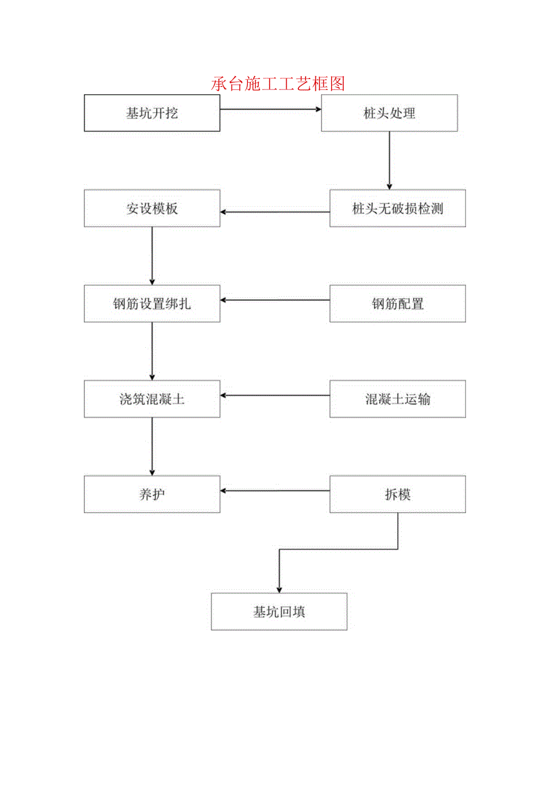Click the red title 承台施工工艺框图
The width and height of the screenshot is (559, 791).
click(x=278, y=83)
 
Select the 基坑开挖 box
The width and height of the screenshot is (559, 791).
click(x=152, y=113)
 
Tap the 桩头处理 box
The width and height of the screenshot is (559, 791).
click(x=389, y=113)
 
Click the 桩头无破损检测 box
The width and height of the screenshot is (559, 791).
click(x=397, y=209)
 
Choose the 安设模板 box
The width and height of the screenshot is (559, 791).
click(x=152, y=209)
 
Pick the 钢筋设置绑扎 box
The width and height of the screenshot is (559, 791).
click(x=152, y=303)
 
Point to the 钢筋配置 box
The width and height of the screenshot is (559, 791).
click(x=397, y=303)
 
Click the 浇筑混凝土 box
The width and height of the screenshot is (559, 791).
click(x=152, y=399)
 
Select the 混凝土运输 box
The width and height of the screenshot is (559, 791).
click(x=397, y=399)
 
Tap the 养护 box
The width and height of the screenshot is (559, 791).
click(x=152, y=494)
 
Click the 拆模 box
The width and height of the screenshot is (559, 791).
click(x=397, y=494)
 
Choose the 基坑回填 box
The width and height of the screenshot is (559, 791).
click(x=279, y=612)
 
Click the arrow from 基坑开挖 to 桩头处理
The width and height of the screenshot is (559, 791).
click(x=270, y=109)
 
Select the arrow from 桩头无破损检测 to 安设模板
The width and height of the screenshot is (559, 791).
click(x=275, y=212)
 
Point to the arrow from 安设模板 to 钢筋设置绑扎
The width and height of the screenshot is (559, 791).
click(x=152, y=256)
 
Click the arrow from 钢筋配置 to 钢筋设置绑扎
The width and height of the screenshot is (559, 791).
click(x=275, y=300)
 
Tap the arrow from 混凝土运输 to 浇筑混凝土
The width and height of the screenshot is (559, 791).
click(x=275, y=395)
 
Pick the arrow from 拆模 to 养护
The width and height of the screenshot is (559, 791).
click(x=275, y=490)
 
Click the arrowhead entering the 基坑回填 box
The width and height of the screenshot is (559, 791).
click(x=279, y=589)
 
